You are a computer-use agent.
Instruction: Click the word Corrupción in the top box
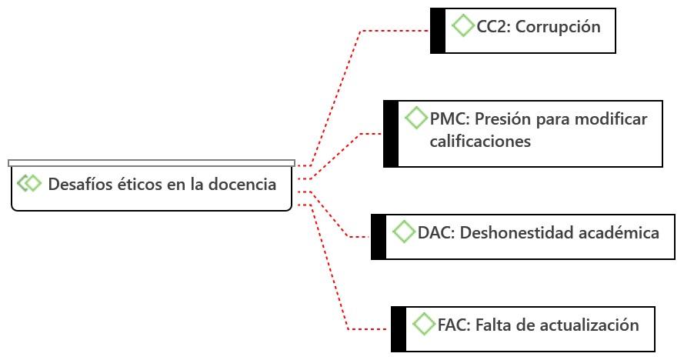558,27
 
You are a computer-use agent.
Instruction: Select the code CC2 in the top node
493,27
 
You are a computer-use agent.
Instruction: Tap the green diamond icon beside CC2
463,25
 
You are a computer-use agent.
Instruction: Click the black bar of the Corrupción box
438,31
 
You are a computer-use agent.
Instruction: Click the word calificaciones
480,142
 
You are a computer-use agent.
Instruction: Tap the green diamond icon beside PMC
416,118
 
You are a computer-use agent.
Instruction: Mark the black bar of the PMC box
391,133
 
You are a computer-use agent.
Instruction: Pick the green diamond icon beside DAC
404,231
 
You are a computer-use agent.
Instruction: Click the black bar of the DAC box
379,236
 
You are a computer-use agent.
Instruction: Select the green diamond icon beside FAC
424,324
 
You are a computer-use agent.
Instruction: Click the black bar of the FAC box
399,328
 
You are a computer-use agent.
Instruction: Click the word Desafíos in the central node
78,185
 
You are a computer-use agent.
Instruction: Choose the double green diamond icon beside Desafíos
29,183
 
